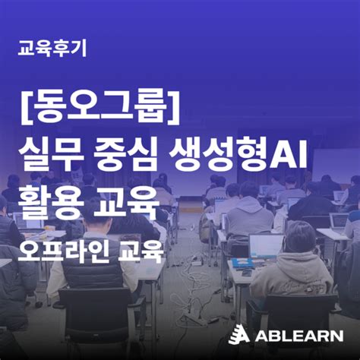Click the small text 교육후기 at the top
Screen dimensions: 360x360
pos(52,49)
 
